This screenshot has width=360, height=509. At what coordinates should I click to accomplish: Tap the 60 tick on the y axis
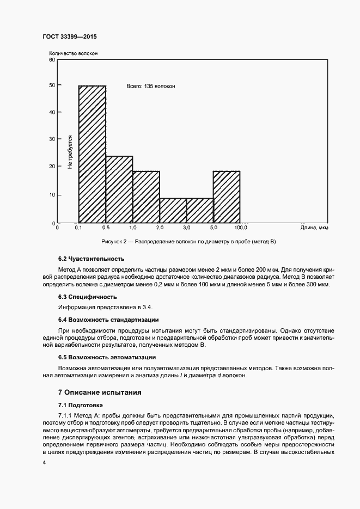coord(52,59)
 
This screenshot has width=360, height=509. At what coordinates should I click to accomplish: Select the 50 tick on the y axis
coord(52,85)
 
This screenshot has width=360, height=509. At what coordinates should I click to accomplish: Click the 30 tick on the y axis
coord(52,139)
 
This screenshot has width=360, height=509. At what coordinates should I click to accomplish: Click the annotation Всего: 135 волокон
coord(151,86)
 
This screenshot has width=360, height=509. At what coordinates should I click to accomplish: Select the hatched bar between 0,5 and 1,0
coord(119,189)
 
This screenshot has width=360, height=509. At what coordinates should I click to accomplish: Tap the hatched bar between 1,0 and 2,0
coord(146,197)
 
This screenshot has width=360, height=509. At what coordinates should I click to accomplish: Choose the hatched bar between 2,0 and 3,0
coord(173,210)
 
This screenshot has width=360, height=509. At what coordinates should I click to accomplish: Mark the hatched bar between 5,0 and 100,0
coord(227,197)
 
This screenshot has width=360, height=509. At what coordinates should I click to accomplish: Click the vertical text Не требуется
coord(70,152)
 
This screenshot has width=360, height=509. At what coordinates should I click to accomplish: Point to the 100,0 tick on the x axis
coord(240,228)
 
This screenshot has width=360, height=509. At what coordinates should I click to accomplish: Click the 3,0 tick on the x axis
coord(186,228)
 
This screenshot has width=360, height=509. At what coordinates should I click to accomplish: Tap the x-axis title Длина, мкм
coord(314,228)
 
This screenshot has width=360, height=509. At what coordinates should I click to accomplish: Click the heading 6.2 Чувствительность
coord(91,259)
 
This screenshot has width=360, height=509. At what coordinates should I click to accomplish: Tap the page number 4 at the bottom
coord(44,462)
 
